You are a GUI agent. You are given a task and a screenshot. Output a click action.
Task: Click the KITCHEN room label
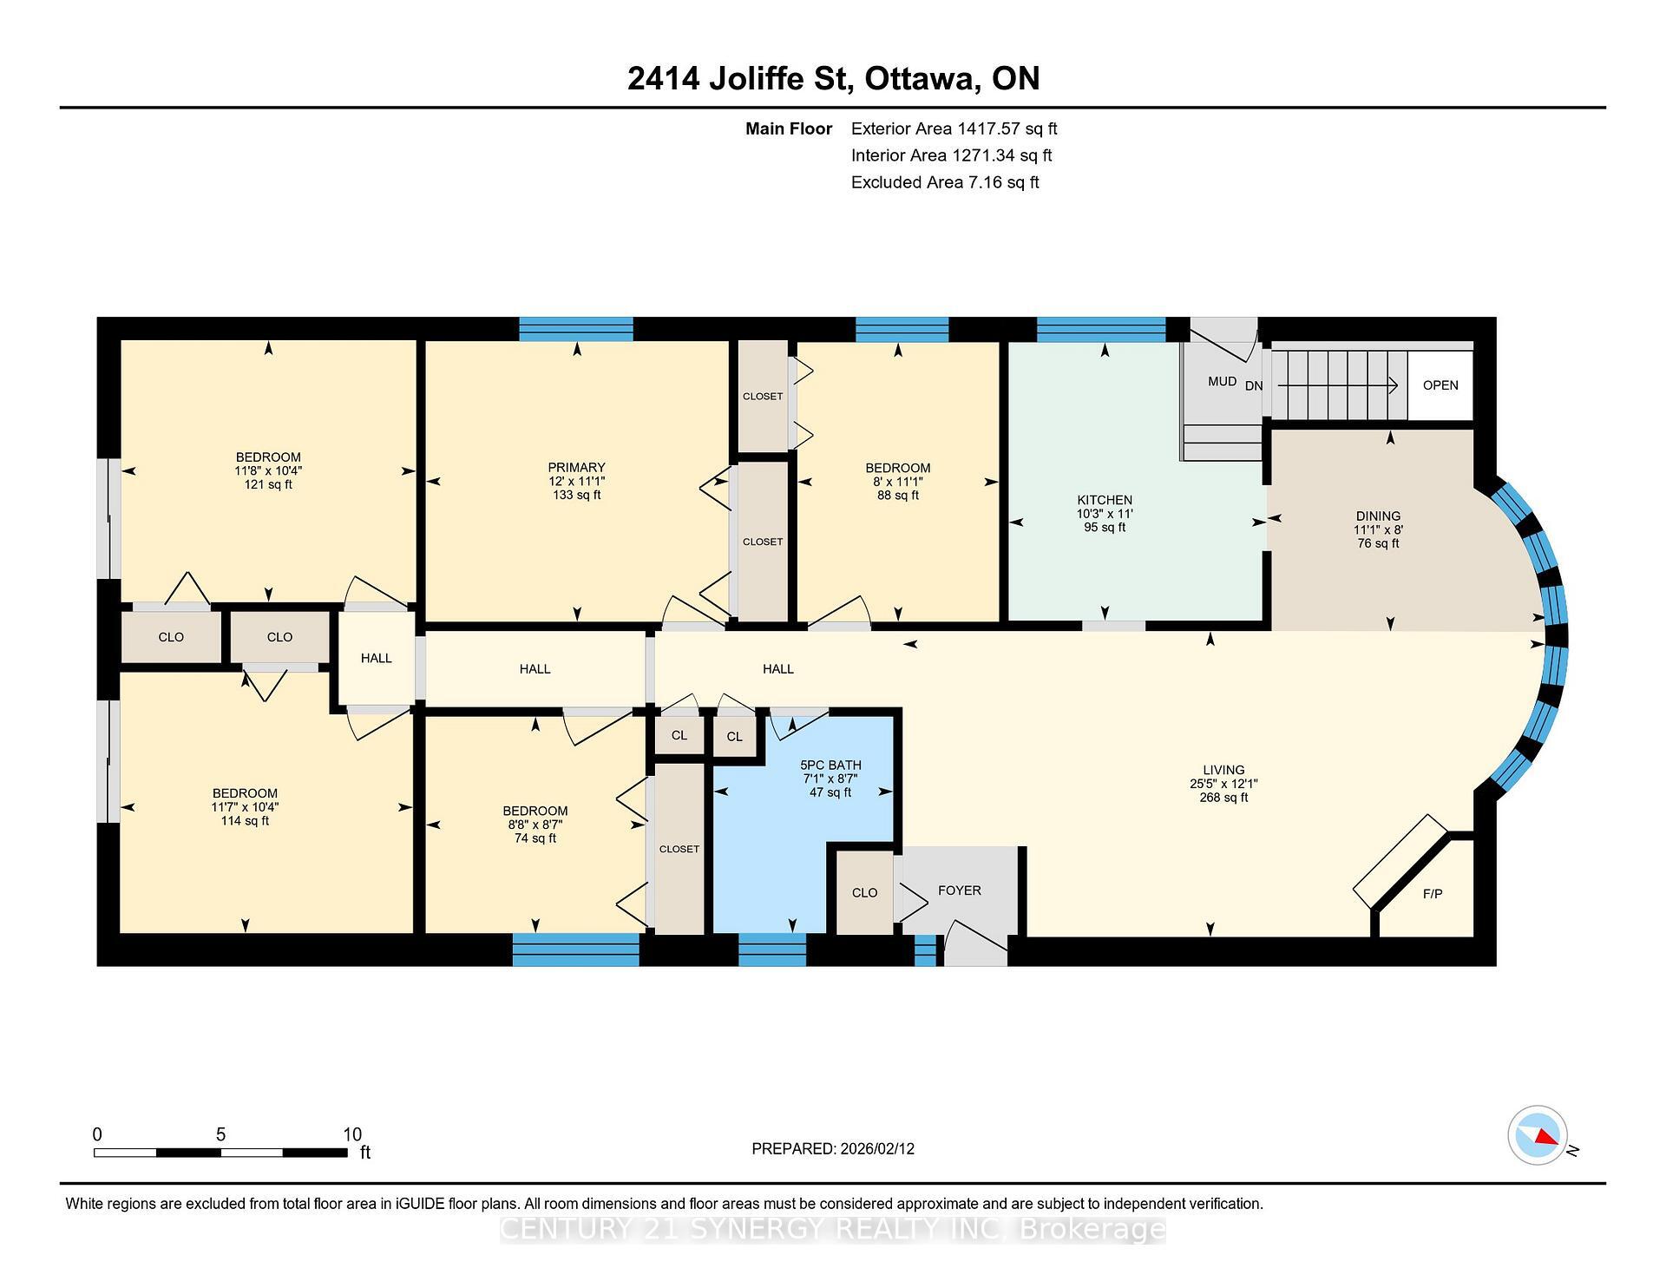pos(1105,500)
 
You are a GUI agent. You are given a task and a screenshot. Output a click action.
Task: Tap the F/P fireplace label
pos(1433,894)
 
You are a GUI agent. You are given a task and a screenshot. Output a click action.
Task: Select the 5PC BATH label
pos(830,766)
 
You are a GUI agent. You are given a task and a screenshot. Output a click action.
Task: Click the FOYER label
pos(959,890)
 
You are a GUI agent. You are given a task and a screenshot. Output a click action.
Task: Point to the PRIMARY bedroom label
pos(576,468)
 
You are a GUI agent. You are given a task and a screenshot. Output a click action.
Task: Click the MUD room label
pos(1222,381)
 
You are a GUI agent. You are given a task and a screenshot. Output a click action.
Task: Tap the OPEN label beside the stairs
pos(1440,385)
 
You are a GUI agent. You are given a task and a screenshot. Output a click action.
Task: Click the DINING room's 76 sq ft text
pos(1378,543)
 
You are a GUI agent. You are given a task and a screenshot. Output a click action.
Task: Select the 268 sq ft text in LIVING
pos(1223,798)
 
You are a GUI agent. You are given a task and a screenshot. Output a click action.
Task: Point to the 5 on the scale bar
pos(220,1135)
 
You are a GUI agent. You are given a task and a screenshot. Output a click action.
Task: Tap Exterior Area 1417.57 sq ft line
pos(954,128)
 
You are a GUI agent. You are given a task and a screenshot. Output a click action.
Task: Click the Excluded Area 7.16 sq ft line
pos(944,182)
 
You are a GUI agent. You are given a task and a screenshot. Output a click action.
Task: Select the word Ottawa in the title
pos(922,79)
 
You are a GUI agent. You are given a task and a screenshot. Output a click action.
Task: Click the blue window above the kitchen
pos(1100,330)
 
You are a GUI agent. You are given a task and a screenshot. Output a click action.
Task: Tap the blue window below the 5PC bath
pos(771,949)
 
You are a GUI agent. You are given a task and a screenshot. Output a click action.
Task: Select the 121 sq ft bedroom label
pos(268,485)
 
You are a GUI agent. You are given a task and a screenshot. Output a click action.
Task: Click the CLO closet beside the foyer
pos(864,893)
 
